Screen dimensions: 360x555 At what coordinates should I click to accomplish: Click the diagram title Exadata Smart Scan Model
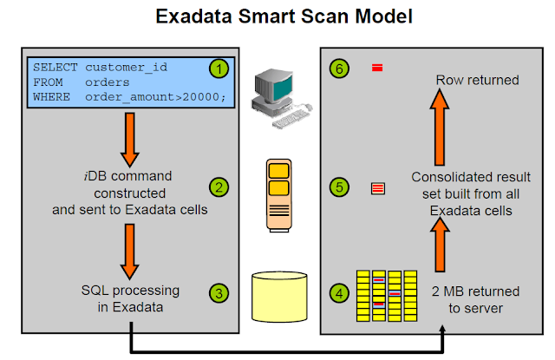tap(277, 16)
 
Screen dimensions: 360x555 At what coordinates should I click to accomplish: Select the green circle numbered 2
tap(219, 187)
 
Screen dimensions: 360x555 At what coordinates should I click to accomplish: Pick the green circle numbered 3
tap(219, 293)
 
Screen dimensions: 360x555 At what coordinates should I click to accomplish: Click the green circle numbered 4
tap(341, 293)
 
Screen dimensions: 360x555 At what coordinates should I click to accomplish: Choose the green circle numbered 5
tap(341, 187)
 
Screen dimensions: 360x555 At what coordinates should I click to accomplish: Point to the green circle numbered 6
tap(341, 68)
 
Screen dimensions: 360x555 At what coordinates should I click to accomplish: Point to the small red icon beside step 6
tap(377, 68)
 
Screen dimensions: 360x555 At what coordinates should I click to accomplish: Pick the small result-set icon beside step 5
tap(377, 187)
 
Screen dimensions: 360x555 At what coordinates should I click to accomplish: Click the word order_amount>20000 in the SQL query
tap(155, 95)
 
